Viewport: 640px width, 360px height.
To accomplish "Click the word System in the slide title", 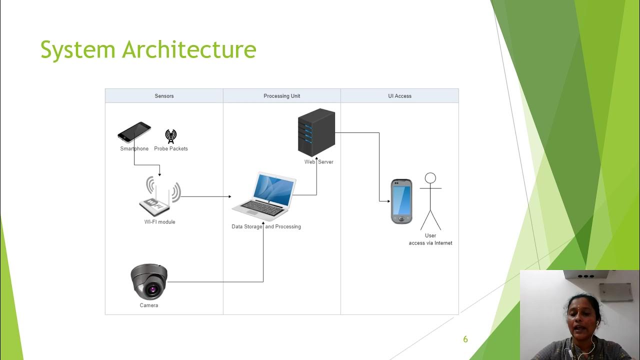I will coord(78,50).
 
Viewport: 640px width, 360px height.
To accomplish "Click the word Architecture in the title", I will coord(189,50).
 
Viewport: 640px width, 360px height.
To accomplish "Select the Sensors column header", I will coord(164,96).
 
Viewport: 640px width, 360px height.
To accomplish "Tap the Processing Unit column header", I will coord(282,96).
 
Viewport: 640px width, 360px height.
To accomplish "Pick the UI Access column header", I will coord(399,96).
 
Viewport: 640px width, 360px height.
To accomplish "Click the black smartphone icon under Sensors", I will coord(134,132).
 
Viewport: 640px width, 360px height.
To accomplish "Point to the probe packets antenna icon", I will coord(171,136).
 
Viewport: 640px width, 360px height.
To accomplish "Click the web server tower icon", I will coord(316,132).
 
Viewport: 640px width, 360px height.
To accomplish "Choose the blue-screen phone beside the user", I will coord(401,201).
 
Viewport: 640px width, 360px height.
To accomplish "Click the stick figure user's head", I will coord(430,178).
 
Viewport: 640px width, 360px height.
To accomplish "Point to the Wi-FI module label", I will coord(160,222).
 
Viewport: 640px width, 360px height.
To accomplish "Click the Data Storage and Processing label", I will coord(266,226).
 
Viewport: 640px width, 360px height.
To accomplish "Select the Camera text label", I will coord(149,305).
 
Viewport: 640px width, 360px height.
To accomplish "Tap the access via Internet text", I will coord(430,243).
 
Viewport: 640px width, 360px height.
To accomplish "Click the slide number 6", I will coord(465,339).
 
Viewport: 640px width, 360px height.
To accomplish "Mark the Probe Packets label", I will coord(171,148).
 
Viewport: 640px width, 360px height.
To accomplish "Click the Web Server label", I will coord(319,162).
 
